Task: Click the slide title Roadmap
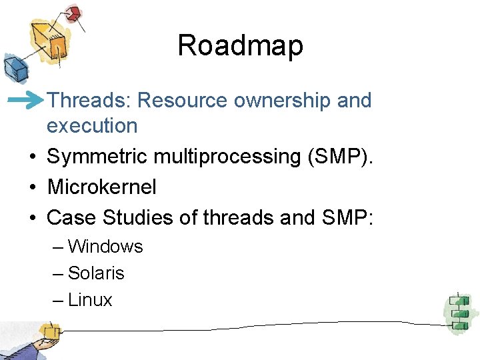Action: [x=240, y=46]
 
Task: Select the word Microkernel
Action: [x=101, y=187]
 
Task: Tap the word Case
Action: [x=70, y=217]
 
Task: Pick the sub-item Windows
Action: [x=105, y=247]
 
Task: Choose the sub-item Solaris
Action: [x=96, y=273]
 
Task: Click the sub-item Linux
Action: [x=90, y=300]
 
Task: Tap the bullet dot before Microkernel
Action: [x=32, y=187]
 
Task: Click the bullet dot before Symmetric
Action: [x=32, y=157]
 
